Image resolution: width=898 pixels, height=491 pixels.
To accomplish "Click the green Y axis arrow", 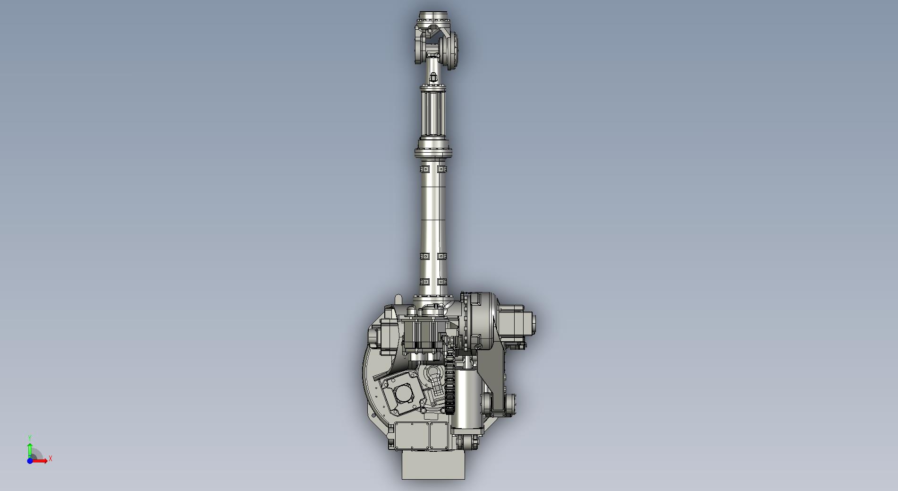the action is pyautogui.click(x=30, y=451).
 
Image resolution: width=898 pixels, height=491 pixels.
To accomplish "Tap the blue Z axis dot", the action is pyautogui.click(x=30, y=461).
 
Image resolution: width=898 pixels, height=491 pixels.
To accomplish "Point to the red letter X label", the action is pyautogui.click(x=51, y=458).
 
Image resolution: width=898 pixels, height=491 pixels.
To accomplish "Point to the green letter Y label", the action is pyautogui.click(x=30, y=439).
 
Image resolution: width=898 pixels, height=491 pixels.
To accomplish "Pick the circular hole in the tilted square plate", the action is pyautogui.click(x=403, y=393).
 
